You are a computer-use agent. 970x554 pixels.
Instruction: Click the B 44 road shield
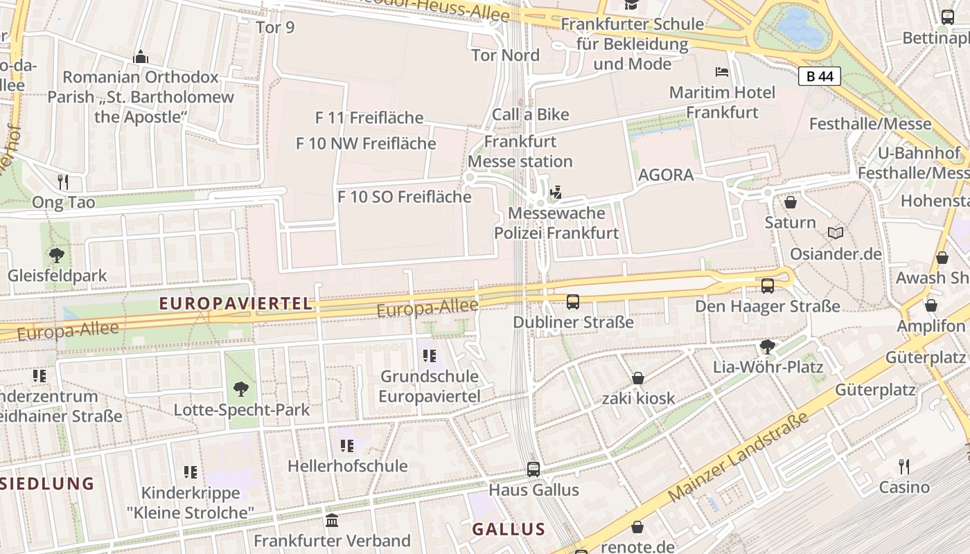click(x=820, y=76)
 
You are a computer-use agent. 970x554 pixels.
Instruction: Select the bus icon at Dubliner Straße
click(x=573, y=301)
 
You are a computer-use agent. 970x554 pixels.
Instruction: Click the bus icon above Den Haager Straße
click(x=768, y=285)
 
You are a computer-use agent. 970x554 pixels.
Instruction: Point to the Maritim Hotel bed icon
click(x=722, y=72)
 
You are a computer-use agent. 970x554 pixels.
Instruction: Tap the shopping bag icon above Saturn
click(x=790, y=202)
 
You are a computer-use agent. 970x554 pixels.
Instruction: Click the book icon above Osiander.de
click(x=836, y=233)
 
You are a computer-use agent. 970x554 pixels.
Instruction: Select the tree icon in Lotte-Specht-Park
click(x=240, y=389)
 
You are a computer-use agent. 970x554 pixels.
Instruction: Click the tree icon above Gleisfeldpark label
click(x=57, y=255)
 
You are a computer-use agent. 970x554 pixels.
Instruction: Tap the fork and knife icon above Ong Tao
click(x=63, y=182)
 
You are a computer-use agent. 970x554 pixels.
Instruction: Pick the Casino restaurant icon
click(x=903, y=467)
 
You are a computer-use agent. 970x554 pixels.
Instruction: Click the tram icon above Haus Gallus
click(x=533, y=469)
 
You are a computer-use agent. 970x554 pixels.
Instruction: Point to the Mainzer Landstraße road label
click(x=739, y=457)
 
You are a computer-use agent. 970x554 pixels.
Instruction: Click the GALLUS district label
click(x=509, y=530)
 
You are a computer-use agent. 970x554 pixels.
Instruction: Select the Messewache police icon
click(x=555, y=192)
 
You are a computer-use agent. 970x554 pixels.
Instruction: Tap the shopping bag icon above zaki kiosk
click(x=637, y=378)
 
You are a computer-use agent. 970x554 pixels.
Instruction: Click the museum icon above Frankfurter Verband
click(x=332, y=520)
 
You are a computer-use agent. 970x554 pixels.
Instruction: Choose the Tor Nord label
click(x=505, y=55)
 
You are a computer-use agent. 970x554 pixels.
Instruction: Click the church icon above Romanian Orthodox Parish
click(x=141, y=56)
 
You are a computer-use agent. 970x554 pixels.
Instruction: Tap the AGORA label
click(x=665, y=175)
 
